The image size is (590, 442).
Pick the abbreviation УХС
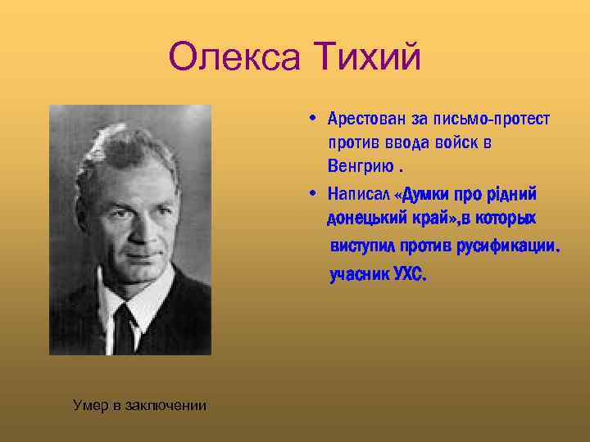click(x=409, y=274)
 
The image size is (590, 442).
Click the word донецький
click(x=366, y=219)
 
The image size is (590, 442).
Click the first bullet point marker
click(x=315, y=118)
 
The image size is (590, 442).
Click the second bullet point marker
click(x=315, y=195)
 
